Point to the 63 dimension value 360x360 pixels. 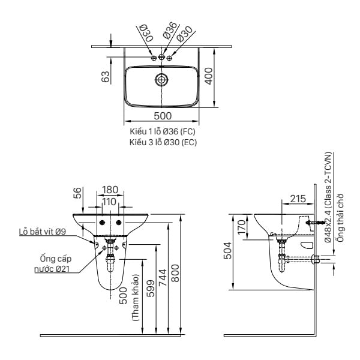pyautogui.click(x=106, y=77)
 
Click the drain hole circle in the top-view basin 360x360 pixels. pyautogui.click(x=162, y=79)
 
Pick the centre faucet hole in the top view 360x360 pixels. pyautogui.click(x=161, y=58)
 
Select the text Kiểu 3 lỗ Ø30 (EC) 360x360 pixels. pyautogui.click(x=162, y=142)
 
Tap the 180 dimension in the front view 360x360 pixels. pyautogui.click(x=110, y=190)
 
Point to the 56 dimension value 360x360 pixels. pyautogui.click(x=77, y=193)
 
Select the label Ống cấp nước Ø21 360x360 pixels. pyautogui.click(x=53, y=263)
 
